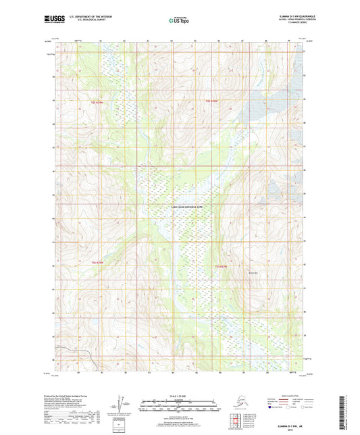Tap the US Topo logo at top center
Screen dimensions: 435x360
point(178,21)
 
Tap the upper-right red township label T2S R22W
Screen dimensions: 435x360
point(211,101)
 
